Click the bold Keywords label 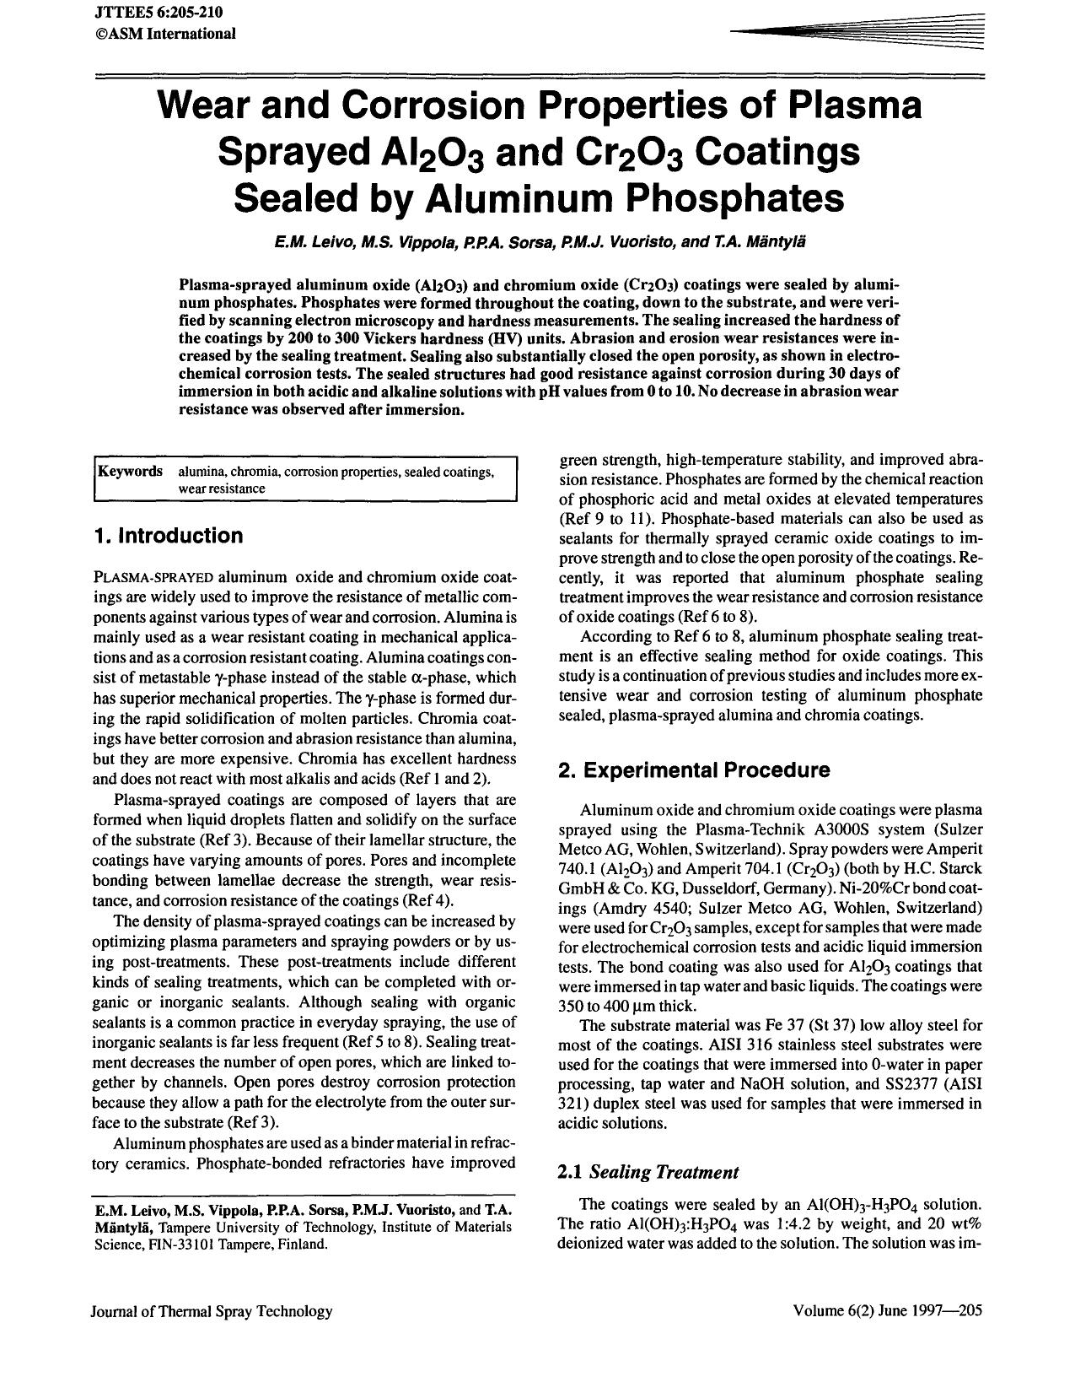click(x=131, y=471)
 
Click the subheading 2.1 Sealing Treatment click(x=648, y=1171)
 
